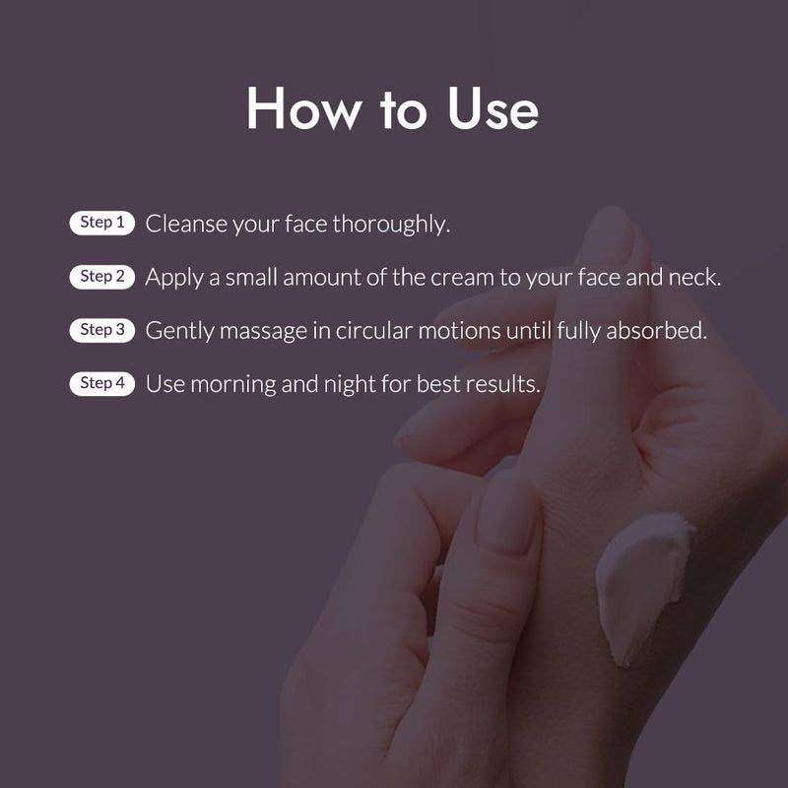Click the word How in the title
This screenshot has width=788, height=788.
304,108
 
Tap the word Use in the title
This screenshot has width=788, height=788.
493,108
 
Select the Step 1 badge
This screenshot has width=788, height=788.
102,223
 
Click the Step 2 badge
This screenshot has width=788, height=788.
102,277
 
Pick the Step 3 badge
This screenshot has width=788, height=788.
102,330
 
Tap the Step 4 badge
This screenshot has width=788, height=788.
102,383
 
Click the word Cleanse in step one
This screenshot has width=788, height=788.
186,224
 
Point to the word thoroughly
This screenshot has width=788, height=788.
391,225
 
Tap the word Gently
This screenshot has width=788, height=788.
179,332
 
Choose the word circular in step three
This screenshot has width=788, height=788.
374,331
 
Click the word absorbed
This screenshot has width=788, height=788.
656,331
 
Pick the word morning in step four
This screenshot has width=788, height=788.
232,385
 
